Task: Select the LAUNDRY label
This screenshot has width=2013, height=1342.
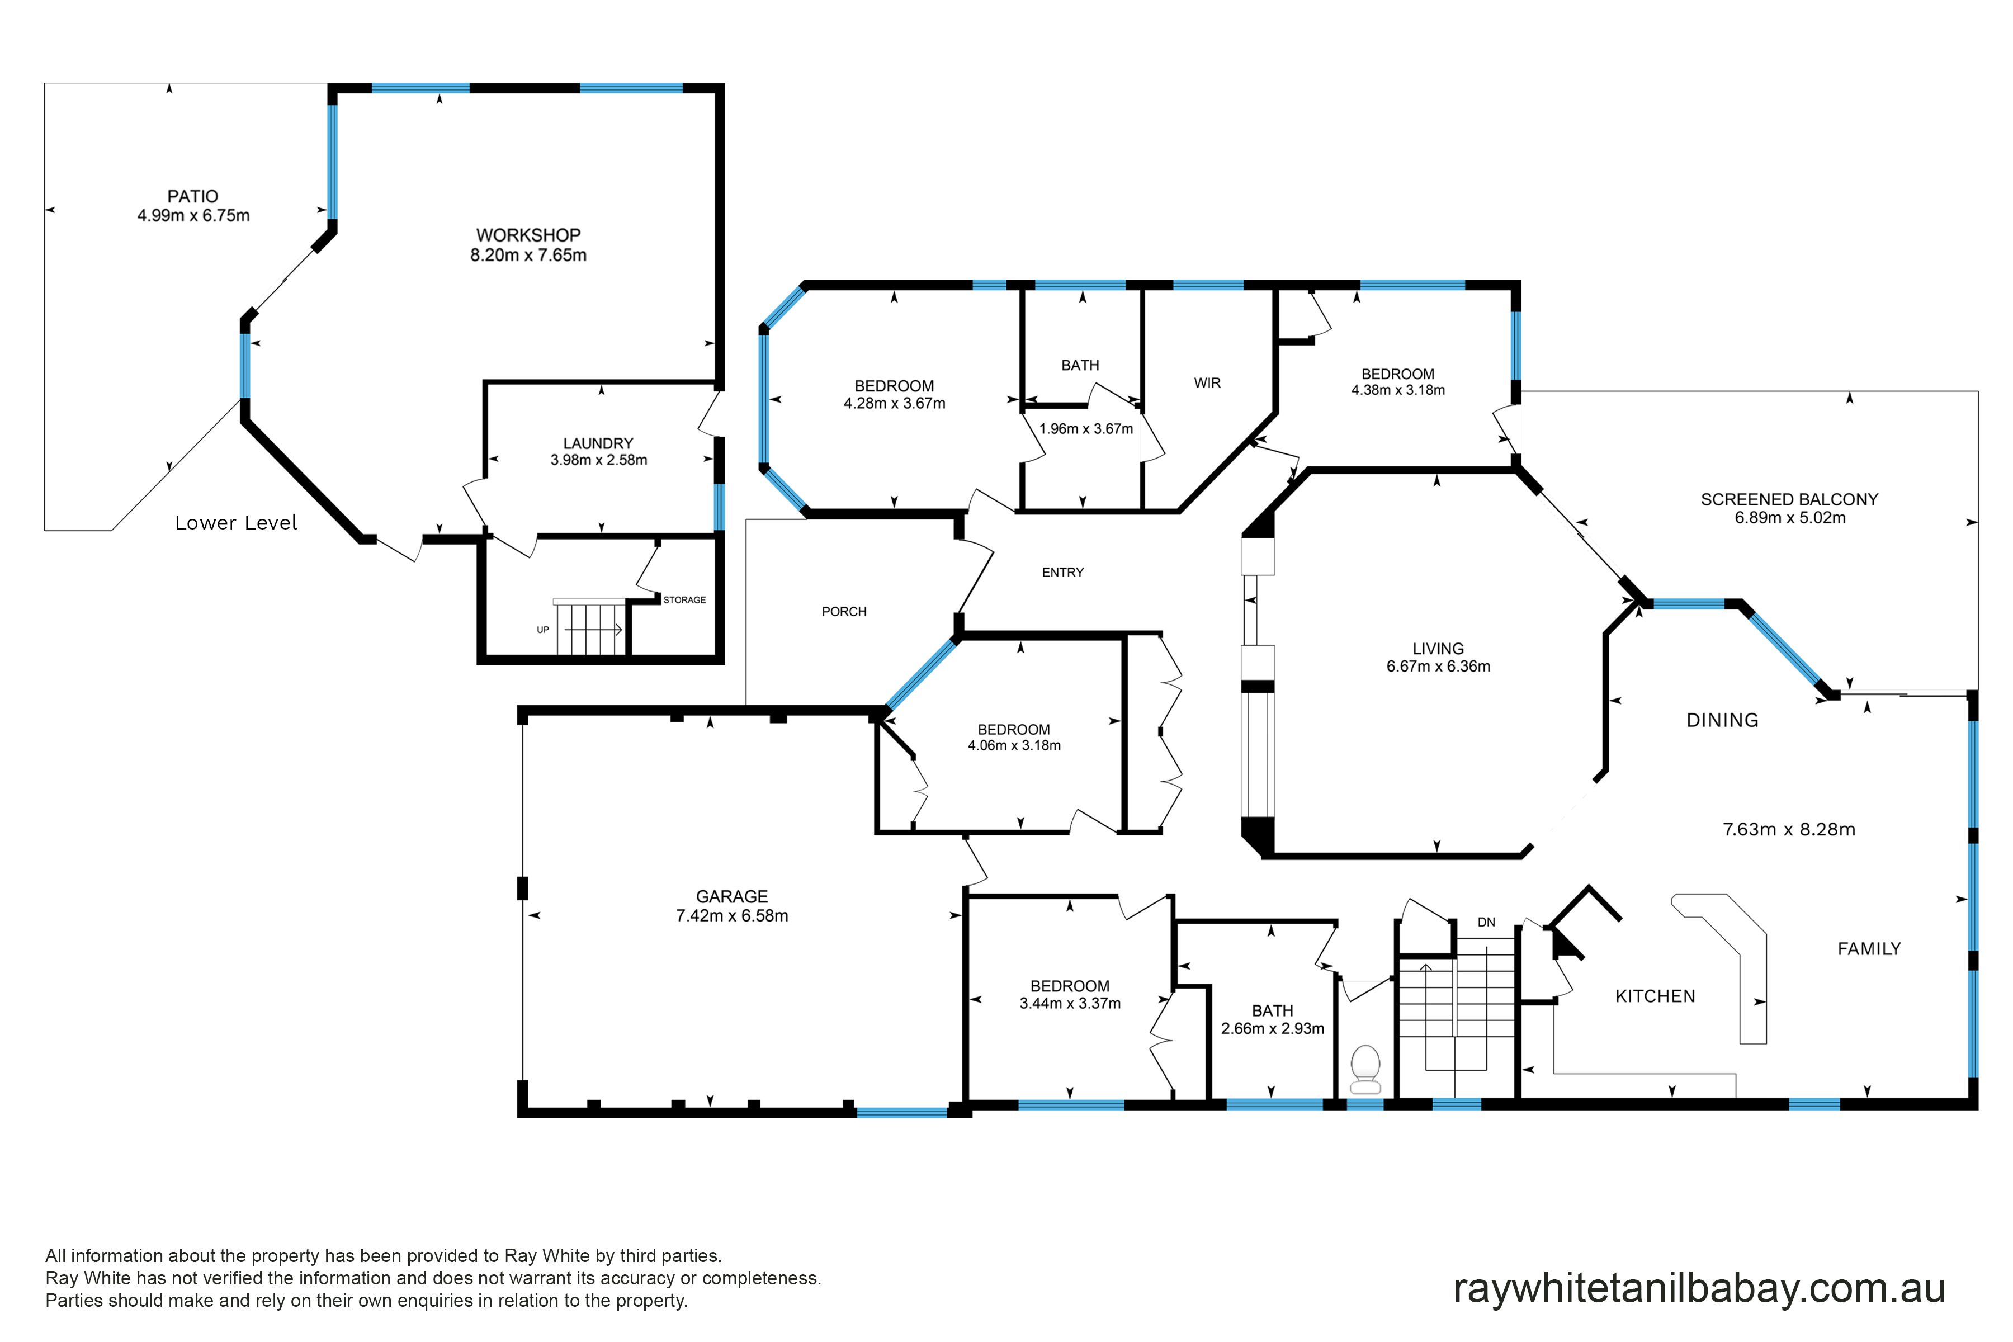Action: click(x=598, y=443)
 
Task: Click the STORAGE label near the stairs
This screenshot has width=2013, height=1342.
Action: click(x=684, y=600)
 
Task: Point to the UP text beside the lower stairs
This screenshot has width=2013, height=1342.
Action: click(x=542, y=630)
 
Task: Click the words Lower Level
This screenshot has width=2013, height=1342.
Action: click(x=236, y=523)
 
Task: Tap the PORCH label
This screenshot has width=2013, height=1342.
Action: click(x=844, y=612)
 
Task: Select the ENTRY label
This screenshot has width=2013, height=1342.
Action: click(x=1063, y=573)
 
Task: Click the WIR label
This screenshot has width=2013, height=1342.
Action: click(x=1208, y=384)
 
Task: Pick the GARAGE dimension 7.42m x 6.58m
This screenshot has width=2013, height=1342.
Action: click(x=732, y=916)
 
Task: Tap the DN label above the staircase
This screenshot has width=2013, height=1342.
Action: click(x=1487, y=923)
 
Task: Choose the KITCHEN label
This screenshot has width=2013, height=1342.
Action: click(x=1655, y=996)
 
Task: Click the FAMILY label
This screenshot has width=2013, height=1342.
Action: click(x=1869, y=948)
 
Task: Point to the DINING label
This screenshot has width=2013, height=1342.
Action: click(x=1722, y=721)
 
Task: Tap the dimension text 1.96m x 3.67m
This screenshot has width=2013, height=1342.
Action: click(x=1086, y=429)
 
